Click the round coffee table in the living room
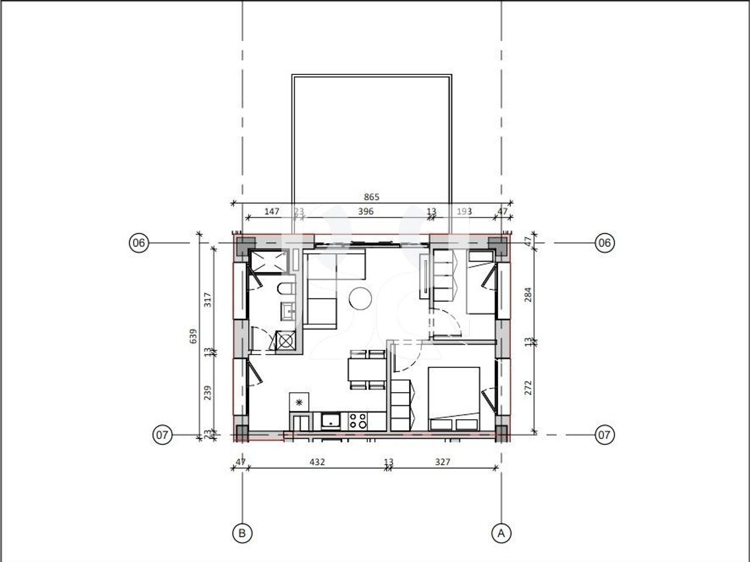coord(360,299)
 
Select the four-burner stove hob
coord(357,420)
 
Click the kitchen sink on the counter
coord(331,420)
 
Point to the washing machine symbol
coord(286,341)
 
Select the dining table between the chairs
coord(366,370)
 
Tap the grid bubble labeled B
coord(241,533)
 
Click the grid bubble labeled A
coord(500,533)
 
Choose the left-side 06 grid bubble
coord(139,243)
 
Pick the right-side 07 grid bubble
coord(605,435)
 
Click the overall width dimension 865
coord(371,197)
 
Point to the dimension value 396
coord(365,212)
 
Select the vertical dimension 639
coord(193,336)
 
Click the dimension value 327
coord(443,462)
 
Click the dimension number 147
coord(272,212)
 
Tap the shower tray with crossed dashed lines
coord(267,262)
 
